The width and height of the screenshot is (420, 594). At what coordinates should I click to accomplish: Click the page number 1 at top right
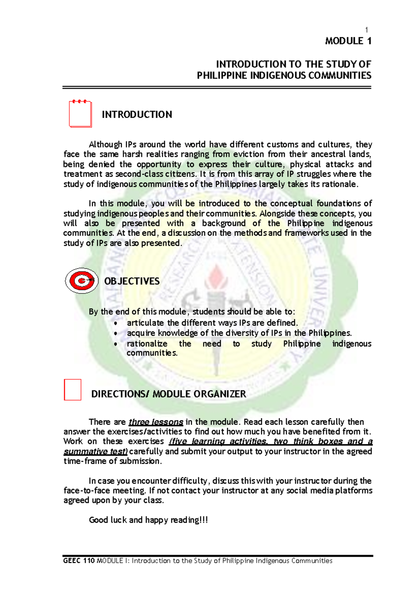point(366,30)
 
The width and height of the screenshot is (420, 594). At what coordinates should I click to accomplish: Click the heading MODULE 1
point(348,41)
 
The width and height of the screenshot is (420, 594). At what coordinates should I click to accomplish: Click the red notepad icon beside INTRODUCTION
point(80,114)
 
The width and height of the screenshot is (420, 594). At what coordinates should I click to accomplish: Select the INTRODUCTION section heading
point(137,115)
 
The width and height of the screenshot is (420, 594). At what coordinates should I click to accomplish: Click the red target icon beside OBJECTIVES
point(82,281)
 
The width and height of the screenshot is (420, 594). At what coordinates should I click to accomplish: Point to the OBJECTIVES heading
point(132,281)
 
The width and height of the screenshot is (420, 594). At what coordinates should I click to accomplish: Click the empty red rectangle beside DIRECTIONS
point(73,389)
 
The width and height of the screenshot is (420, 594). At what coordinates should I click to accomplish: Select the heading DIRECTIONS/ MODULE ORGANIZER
point(168,394)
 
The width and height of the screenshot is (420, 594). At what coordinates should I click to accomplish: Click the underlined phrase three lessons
point(156,422)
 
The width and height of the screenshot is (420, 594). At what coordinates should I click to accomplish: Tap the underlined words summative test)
point(96,451)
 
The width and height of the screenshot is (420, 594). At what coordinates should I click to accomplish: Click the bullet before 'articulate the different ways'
point(116,323)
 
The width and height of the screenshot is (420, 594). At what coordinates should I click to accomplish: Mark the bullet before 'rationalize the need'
point(116,344)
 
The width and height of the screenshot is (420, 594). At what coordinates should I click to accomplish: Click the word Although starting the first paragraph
point(105,145)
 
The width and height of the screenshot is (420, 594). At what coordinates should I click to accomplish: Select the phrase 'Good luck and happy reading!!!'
point(148,520)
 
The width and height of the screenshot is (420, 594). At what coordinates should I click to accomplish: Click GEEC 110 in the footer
point(79,561)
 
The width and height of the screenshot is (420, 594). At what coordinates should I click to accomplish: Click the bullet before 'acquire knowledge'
point(116,334)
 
